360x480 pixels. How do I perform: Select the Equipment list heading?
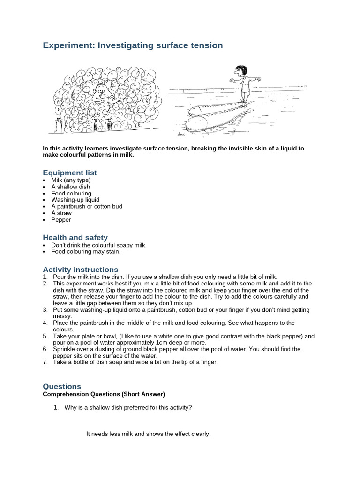70,172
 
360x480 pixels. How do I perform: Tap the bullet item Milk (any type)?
71,180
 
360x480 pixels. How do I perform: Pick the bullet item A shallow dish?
71,187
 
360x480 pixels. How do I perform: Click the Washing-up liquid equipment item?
75,200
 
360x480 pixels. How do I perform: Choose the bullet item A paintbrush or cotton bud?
87,206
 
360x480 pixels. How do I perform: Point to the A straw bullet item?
61,213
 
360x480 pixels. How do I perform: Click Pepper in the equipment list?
61,219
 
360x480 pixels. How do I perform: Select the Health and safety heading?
75,237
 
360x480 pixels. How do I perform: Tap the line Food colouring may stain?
86,251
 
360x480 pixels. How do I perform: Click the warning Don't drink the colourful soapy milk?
99,245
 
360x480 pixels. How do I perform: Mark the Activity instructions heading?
80,270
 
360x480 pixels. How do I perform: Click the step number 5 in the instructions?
45,336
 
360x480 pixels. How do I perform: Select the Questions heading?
62,386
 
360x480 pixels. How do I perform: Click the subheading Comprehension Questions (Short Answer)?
104,394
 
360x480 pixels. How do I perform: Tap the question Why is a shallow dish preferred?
128,407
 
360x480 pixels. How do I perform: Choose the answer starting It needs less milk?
148,434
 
